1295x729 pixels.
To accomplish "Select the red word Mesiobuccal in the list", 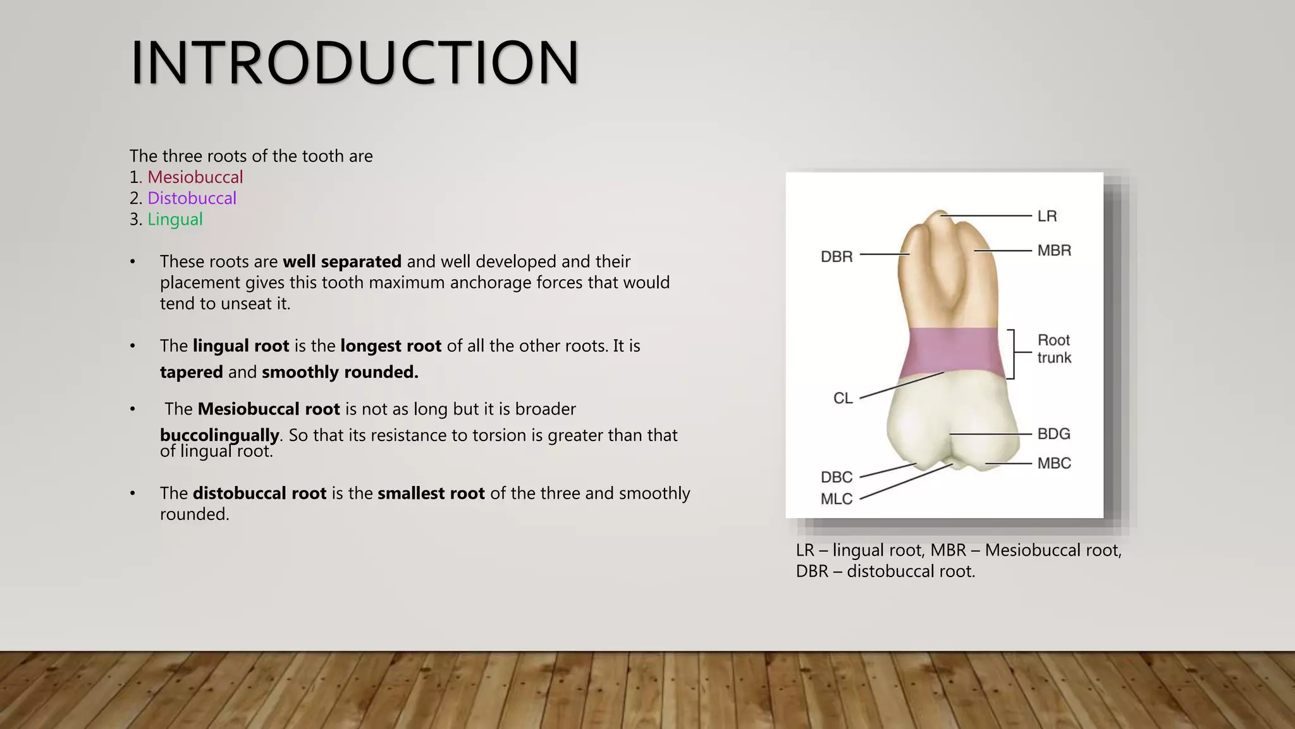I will click(x=195, y=177).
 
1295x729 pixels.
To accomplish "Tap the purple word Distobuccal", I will click(x=192, y=198).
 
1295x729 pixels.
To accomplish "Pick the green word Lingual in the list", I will click(x=175, y=220).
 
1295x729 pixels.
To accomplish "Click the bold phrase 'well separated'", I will click(x=342, y=261).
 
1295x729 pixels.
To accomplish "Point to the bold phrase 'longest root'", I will click(x=391, y=346).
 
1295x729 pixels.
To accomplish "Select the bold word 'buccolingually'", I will click(x=219, y=435).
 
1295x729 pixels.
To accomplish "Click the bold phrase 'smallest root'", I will click(x=431, y=494).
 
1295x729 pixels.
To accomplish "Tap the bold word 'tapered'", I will click(x=191, y=372).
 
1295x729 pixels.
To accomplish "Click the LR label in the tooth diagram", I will click(x=1047, y=216).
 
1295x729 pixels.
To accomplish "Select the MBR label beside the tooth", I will click(x=1054, y=251).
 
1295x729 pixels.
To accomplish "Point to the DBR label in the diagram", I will click(x=837, y=257).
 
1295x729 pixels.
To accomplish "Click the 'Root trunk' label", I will click(x=1054, y=349).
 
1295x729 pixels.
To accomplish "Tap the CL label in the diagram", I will click(x=843, y=399).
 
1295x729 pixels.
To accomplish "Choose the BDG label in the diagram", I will click(x=1053, y=434).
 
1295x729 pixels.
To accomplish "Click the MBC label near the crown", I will click(x=1054, y=463).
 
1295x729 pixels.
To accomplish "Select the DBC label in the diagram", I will click(x=837, y=477).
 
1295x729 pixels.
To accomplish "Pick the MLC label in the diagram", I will click(x=837, y=499).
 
